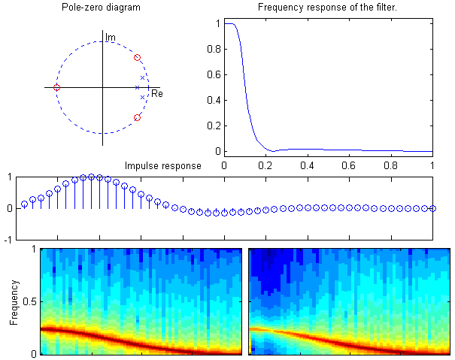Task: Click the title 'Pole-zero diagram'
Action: click(102, 8)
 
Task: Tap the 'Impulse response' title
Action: click(163, 165)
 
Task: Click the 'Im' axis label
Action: click(111, 36)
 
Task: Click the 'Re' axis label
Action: click(157, 94)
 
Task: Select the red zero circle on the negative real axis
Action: click(56, 88)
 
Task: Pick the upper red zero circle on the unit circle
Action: click(137, 58)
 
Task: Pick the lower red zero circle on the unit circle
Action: click(137, 117)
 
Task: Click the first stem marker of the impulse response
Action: click(24, 204)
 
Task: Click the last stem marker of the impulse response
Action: click(433, 208)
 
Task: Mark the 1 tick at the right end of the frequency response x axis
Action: click(433, 163)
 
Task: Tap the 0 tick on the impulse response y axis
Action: click(11, 208)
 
